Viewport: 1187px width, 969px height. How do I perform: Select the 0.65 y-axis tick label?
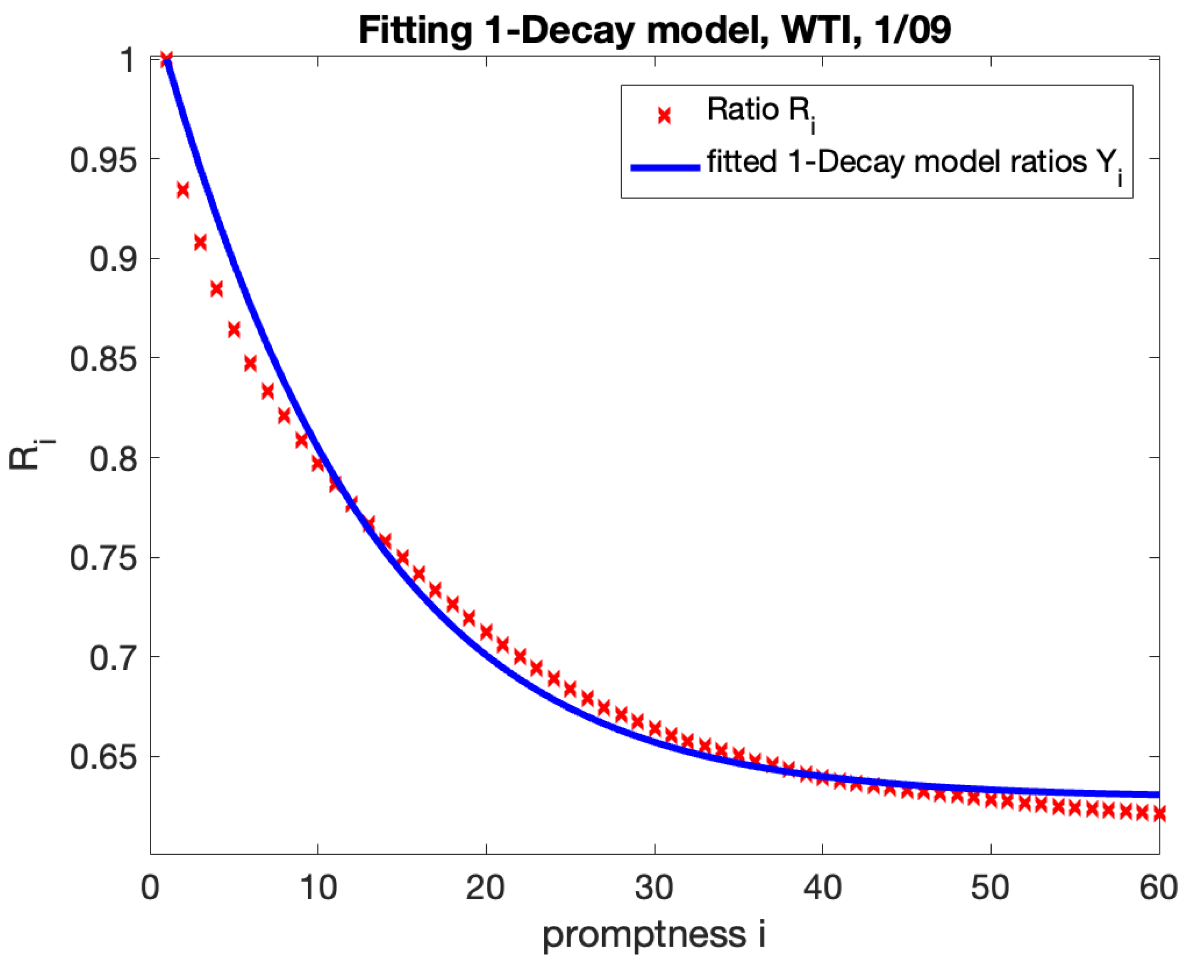click(x=103, y=758)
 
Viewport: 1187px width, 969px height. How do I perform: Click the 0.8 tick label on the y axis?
click(x=113, y=459)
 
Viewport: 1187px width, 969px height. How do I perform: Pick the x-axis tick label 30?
click(x=654, y=887)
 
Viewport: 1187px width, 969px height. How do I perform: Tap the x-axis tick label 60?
click(x=1158, y=887)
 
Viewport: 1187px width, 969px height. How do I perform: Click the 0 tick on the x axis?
click(x=150, y=887)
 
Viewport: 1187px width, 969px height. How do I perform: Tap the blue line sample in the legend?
click(x=665, y=167)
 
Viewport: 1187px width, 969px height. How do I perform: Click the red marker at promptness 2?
click(x=183, y=190)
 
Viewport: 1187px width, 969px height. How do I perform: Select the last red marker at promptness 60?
click(x=1159, y=814)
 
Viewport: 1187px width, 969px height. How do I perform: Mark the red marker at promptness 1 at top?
click(x=166, y=59)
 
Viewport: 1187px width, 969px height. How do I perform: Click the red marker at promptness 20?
click(x=486, y=632)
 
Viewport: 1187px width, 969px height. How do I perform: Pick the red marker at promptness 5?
click(x=234, y=329)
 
